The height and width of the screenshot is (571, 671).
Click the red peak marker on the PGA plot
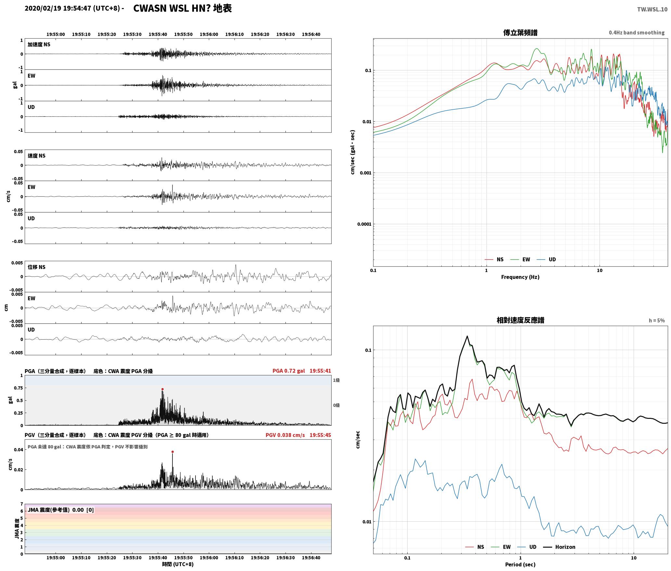[x=162, y=389]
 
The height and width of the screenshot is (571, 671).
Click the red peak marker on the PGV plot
[x=172, y=452]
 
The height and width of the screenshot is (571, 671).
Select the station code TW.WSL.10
[x=652, y=9]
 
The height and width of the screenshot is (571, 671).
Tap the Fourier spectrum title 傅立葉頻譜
[x=520, y=32]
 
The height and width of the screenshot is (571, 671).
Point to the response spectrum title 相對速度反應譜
[x=520, y=320]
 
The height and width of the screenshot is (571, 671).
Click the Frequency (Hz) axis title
[x=520, y=277]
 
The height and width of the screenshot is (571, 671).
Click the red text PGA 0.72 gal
[x=288, y=371]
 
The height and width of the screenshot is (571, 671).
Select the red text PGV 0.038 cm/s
[x=285, y=435]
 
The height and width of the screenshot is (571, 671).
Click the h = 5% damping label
[x=657, y=321]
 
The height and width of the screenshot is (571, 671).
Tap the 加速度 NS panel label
[x=39, y=44]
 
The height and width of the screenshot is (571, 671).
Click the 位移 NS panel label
[x=36, y=267]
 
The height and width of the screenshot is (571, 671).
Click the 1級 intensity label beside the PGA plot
[x=336, y=380]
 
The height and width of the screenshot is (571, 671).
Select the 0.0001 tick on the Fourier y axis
[x=364, y=224]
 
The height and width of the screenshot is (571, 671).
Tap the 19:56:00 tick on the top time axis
[x=209, y=34]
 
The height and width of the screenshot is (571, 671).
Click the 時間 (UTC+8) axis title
[x=178, y=564]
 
